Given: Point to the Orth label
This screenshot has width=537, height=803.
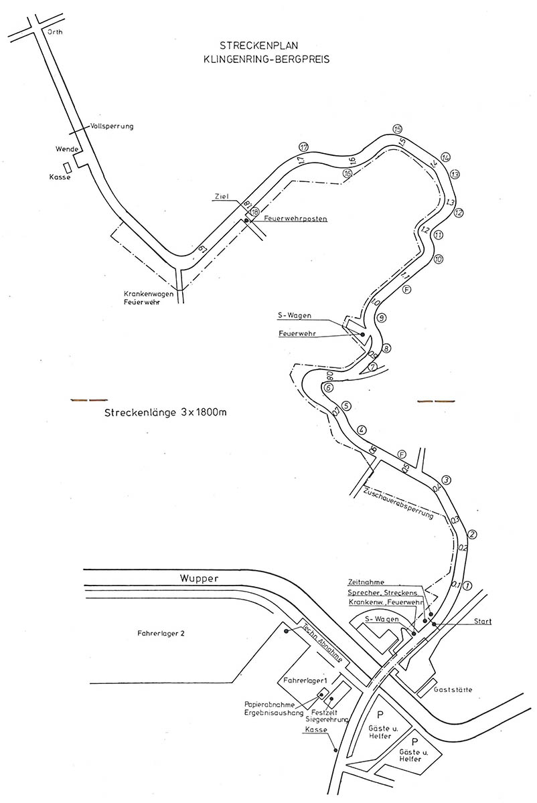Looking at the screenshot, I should click(x=54, y=31).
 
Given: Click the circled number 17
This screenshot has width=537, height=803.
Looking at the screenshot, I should click(x=304, y=147).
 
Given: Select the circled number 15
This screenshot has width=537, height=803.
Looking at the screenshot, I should click(x=398, y=129).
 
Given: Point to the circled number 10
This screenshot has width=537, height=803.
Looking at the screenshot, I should click(x=439, y=260).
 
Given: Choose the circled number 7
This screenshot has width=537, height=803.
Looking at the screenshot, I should click(x=373, y=367).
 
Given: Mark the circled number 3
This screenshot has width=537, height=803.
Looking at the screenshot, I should click(x=447, y=479).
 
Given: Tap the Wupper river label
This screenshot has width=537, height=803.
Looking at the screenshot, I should click(x=199, y=578).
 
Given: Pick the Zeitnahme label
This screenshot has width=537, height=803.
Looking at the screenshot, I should click(x=366, y=582).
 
